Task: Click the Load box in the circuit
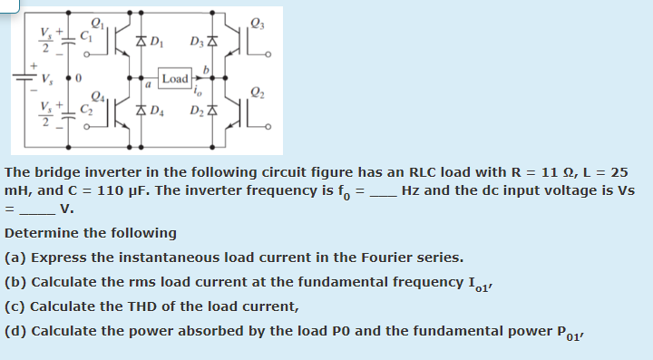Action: [x=175, y=78]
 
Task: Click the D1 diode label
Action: [x=155, y=40]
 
